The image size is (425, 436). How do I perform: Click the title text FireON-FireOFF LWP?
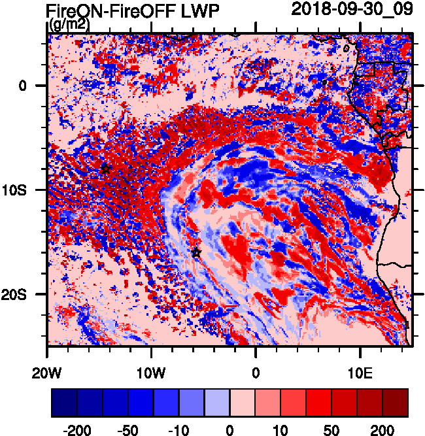133,10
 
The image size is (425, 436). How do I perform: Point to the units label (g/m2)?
69,25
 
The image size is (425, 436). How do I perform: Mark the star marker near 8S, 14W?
106,169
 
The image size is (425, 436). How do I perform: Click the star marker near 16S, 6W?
196,252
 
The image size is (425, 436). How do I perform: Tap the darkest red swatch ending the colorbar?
395,403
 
